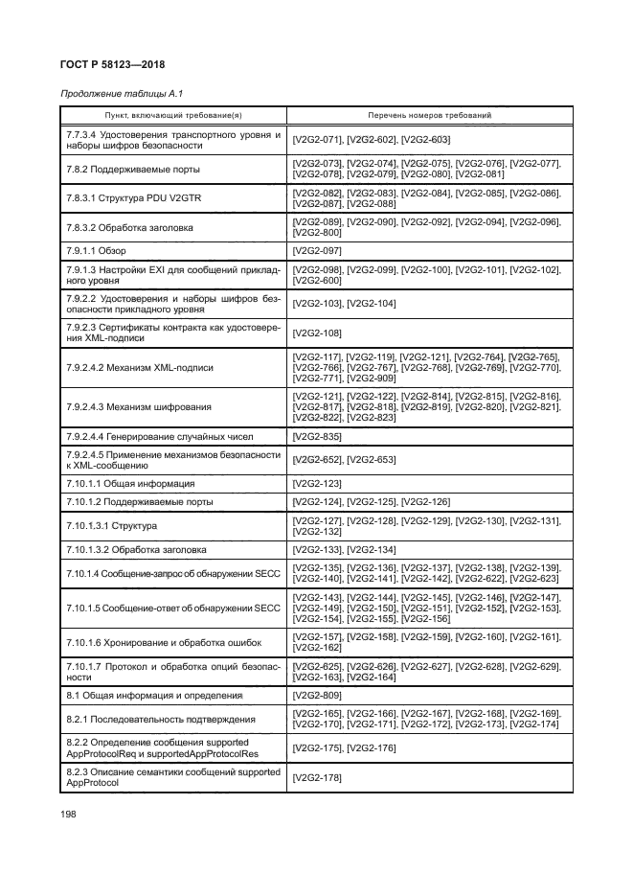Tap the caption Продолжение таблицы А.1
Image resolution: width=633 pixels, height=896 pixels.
(116, 93)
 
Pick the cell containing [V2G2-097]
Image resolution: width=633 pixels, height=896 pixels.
(317, 250)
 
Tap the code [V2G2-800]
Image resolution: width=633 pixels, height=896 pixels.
(317, 233)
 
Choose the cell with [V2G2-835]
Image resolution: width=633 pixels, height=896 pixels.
(317, 436)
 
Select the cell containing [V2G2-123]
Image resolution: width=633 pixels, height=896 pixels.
(317, 483)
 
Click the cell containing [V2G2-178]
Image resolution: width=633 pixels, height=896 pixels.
(317, 777)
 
